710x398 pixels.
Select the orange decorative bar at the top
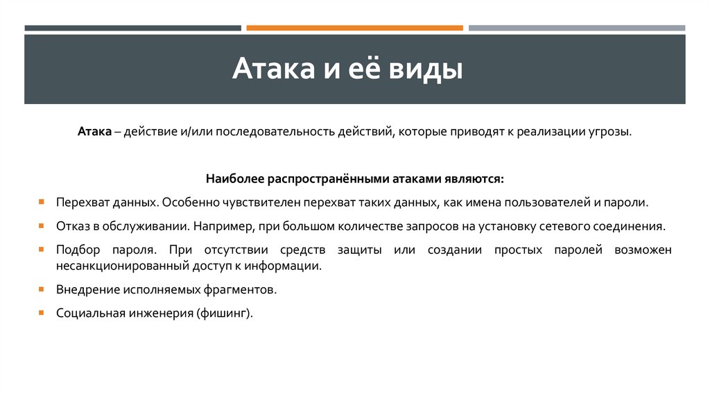[354, 28]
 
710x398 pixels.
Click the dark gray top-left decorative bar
[132, 28]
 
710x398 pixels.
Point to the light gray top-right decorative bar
[576, 28]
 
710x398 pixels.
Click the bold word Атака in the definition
[94, 132]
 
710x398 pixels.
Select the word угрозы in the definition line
[610, 132]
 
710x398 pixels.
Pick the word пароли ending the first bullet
[628, 202]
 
